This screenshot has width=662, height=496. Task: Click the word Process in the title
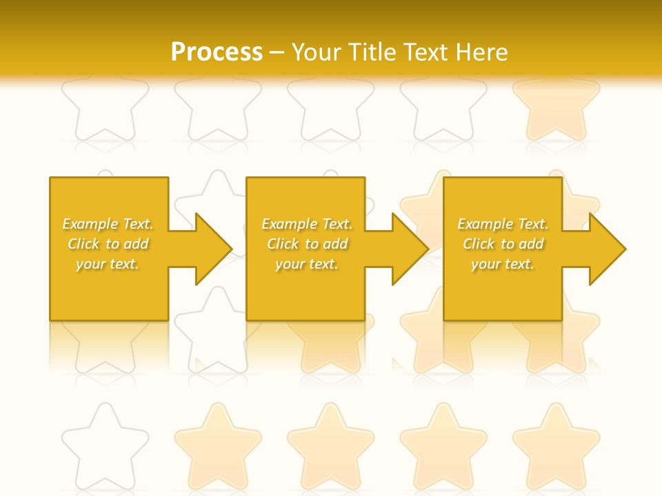pos(217,52)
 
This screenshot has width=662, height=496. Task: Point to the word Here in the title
pos(482,52)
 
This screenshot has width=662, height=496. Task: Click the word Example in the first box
pos(90,224)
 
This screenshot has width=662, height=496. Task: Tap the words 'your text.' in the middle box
pos(306,264)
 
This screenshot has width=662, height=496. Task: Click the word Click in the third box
pos(479,244)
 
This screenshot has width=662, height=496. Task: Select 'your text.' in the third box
pos(502,264)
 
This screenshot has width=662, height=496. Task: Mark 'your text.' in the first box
pos(107,264)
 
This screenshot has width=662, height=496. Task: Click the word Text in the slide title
pos(423,52)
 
